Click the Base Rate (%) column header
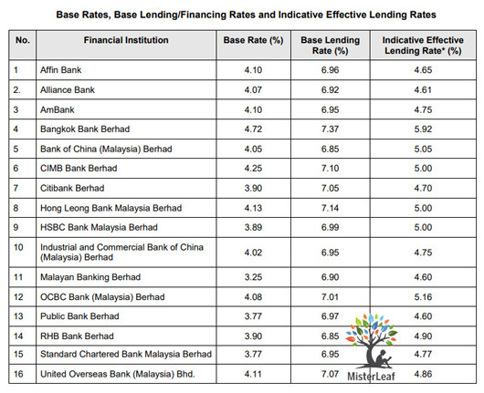click(253, 40)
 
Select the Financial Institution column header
click(126, 40)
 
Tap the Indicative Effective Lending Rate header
click(423, 46)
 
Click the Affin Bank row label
click(61, 70)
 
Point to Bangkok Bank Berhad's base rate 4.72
click(253, 129)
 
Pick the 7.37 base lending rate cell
click(330, 129)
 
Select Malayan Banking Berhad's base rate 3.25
click(253, 277)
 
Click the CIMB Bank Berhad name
click(79, 169)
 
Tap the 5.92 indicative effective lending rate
click(423, 129)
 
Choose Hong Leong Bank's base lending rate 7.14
click(330, 208)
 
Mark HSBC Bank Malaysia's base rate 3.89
click(253, 227)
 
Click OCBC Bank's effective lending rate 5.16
click(423, 297)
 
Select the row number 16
click(18, 374)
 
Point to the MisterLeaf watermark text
click(371, 377)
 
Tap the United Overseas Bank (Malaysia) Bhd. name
click(118, 374)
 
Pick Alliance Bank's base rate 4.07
click(253, 90)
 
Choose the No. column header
click(23, 40)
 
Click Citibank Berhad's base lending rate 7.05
click(330, 188)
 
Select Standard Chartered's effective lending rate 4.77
click(423, 354)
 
